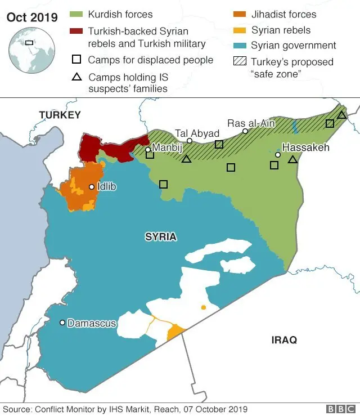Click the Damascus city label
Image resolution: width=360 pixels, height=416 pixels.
(92, 324)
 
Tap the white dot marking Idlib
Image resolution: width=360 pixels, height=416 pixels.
(92, 186)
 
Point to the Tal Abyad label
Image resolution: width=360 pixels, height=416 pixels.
(197, 133)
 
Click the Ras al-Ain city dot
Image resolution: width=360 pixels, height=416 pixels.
(245, 131)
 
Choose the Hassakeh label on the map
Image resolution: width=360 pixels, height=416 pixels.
(305, 147)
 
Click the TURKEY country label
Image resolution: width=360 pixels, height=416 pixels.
(60, 115)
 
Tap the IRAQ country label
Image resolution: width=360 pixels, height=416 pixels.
(283, 340)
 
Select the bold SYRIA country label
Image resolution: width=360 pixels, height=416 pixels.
(161, 237)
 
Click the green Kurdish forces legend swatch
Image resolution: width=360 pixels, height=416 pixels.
(77, 14)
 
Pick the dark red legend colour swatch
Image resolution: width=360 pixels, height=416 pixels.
(77, 30)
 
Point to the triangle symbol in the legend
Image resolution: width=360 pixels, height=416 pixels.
(77, 77)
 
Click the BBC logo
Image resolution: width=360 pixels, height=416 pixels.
(340, 409)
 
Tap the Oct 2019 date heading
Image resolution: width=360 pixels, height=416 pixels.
(32, 17)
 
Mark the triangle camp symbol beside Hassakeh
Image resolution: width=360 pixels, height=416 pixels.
(292, 160)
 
